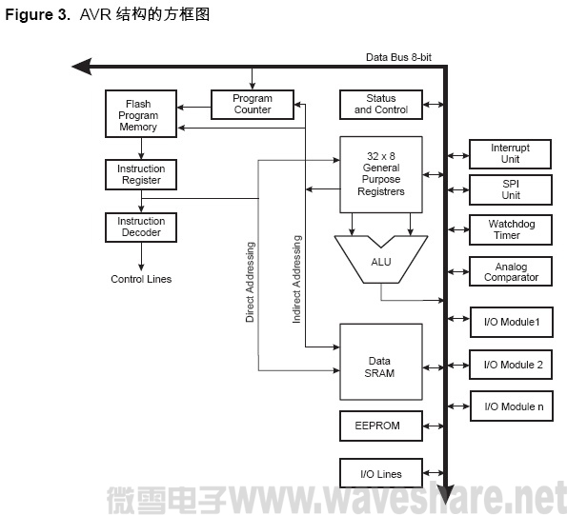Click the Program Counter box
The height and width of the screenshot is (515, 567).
coord(253,104)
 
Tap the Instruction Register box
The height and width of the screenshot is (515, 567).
coord(140,174)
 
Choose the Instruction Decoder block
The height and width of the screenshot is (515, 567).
coord(140,227)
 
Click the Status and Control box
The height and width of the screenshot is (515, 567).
coord(380,104)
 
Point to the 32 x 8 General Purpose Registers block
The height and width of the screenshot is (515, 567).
coord(380,173)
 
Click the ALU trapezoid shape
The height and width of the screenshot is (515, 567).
coord(381,259)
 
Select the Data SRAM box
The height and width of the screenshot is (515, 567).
coord(380,366)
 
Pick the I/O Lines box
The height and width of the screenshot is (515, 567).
coord(380,473)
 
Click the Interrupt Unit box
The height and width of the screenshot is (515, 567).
coord(510,153)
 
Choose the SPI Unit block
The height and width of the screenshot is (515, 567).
coord(510,188)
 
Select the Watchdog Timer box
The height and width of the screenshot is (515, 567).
coord(510,229)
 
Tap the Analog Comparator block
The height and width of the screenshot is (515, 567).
coord(510,272)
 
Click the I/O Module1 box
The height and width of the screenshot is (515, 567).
coord(512,323)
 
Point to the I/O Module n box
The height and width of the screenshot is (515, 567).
coord(512,406)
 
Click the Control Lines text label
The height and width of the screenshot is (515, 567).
coord(141,279)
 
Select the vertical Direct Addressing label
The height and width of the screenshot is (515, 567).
coord(250,283)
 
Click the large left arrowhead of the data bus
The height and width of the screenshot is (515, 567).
coord(82,67)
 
